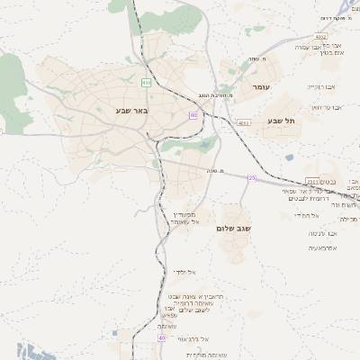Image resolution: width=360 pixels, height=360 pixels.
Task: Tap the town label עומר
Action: (x=263, y=86)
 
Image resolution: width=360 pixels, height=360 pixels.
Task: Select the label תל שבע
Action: (x=282, y=121)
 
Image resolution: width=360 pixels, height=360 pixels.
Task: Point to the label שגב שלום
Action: (x=233, y=229)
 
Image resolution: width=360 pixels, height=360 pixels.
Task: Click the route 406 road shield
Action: (x=146, y=82)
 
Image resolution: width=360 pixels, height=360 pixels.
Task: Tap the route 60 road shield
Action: (x=193, y=116)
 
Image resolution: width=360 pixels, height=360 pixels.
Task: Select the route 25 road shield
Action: (x=253, y=178)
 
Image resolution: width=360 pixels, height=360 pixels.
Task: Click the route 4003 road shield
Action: (x=243, y=122)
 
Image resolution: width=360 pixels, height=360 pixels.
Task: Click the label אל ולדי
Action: (x=184, y=272)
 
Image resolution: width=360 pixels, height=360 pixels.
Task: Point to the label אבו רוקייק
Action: (x=320, y=87)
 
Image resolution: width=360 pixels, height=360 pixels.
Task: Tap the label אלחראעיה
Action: (x=322, y=247)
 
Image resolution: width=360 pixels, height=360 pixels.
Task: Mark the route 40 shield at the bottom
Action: (x=162, y=337)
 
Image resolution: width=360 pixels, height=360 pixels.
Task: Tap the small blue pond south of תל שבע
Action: (x=289, y=157)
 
